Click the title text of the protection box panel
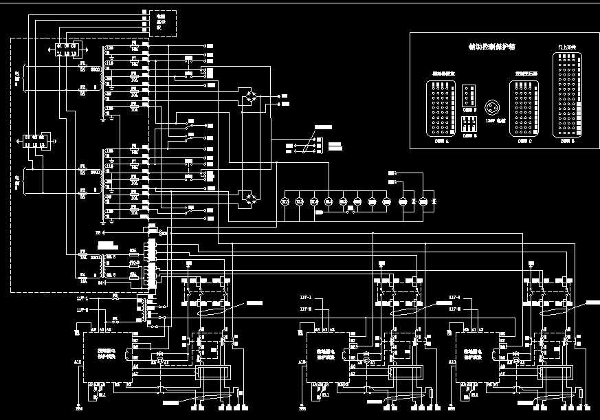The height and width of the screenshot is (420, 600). tap(491, 47)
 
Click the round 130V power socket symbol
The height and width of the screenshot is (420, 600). tap(491, 108)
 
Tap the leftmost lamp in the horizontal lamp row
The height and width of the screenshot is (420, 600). tap(285, 201)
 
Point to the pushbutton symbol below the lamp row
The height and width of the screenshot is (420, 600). tap(351, 212)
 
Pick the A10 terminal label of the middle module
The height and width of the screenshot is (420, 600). tap(302, 361)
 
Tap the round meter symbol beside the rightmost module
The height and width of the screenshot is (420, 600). tap(515, 360)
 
